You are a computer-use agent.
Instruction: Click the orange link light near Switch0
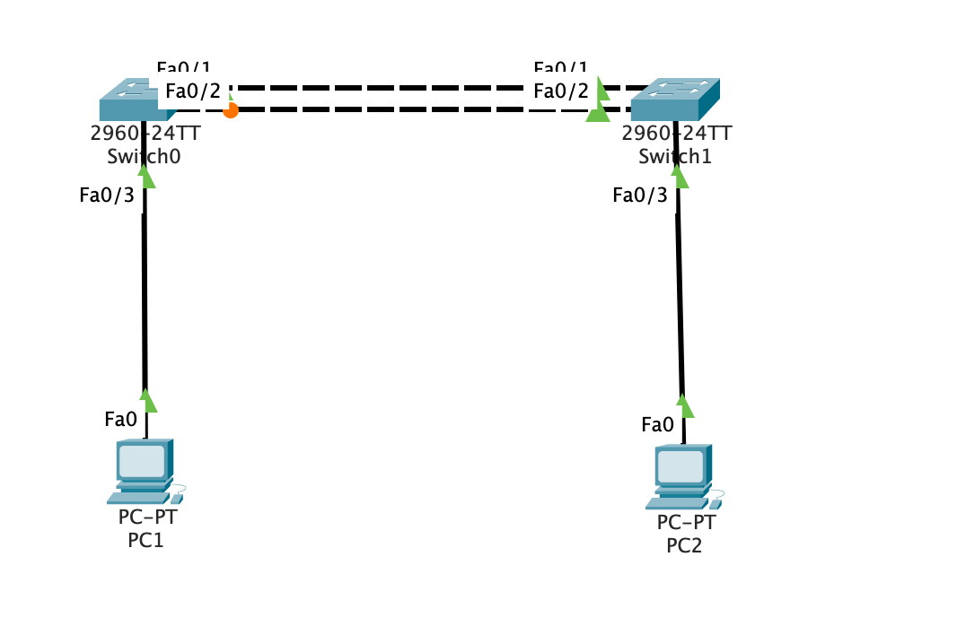[x=231, y=110]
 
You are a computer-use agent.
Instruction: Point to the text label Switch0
[x=145, y=156]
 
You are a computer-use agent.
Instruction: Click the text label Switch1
[x=674, y=156]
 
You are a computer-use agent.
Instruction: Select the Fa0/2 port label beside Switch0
[x=192, y=91]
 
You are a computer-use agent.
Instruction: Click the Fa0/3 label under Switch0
[x=107, y=196]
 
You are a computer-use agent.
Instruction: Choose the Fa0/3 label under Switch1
[x=640, y=196]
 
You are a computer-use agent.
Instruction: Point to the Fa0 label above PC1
[x=120, y=419]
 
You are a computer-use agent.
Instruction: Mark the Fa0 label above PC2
[x=657, y=424]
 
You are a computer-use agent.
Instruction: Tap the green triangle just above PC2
[x=685, y=406]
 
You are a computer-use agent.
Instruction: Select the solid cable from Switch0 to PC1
[x=144, y=287]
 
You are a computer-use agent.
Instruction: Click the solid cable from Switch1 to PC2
[x=680, y=287]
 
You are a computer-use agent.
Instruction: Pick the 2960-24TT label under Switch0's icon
[x=145, y=135]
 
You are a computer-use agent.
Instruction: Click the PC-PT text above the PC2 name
[x=686, y=523]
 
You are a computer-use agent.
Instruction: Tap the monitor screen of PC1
[x=142, y=461]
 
